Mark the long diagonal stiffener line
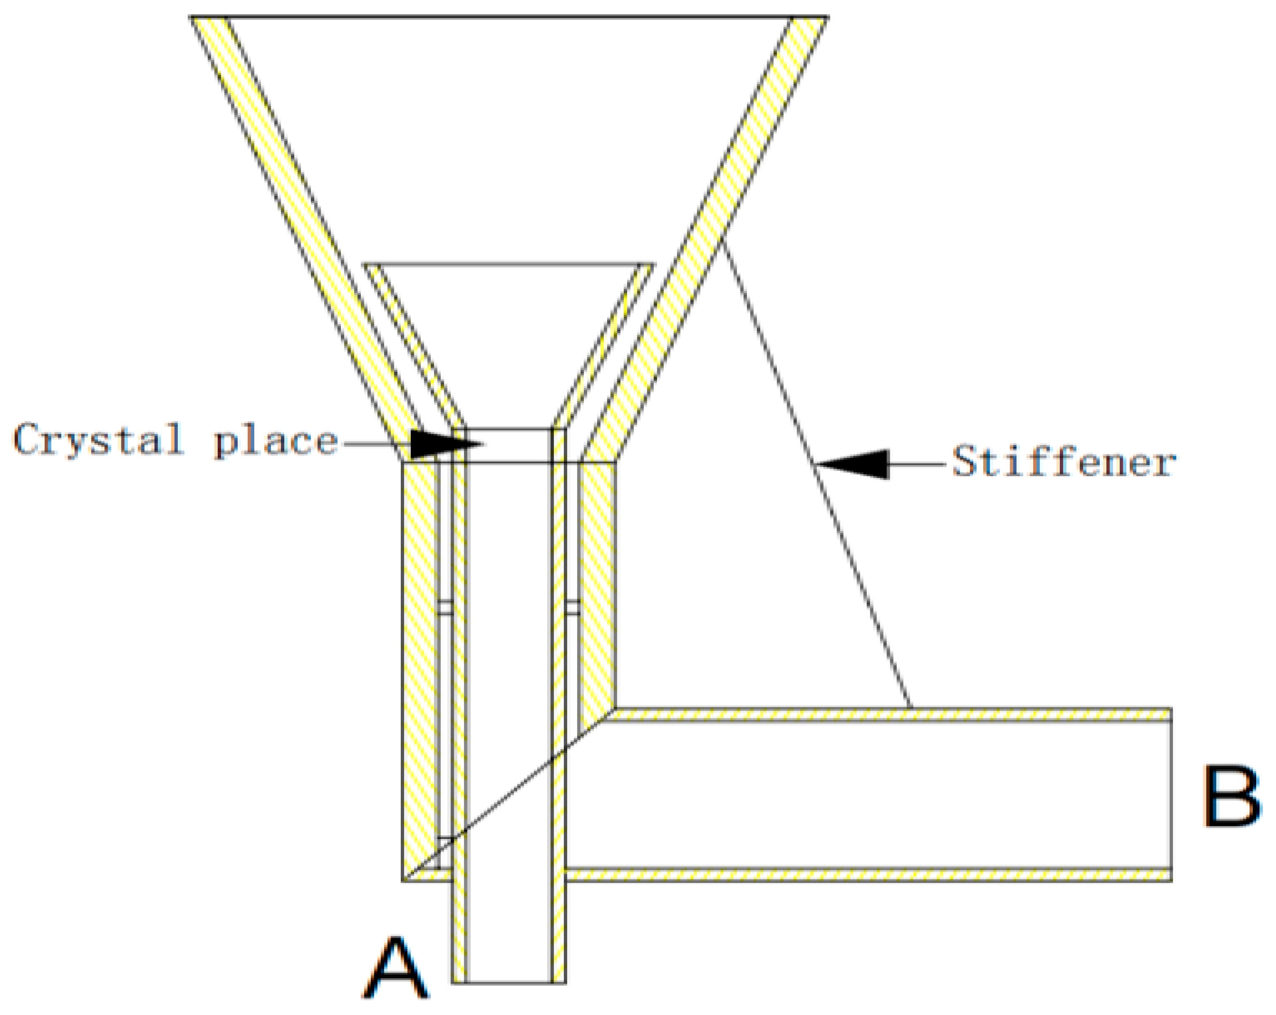pyautogui.click(x=817, y=473)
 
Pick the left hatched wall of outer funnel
pyautogui.click(x=308, y=237)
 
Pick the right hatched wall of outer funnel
pyautogui.click(x=710, y=237)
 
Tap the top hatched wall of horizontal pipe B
pyautogui.click(x=888, y=714)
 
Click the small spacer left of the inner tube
pyautogui.click(x=445, y=608)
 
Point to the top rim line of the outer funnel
pyautogui.click(x=509, y=17)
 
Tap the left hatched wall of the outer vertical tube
pyautogui.click(x=420, y=651)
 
